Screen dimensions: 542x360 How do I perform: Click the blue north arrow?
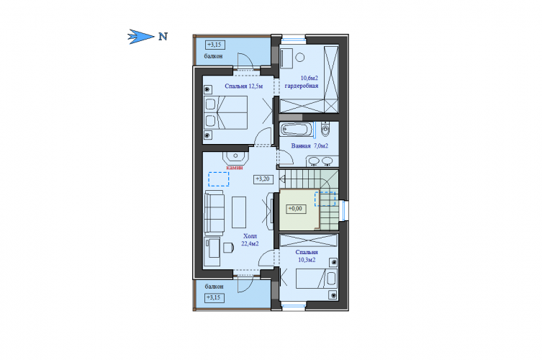tap(141, 36)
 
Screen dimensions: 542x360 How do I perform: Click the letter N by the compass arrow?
tap(163, 36)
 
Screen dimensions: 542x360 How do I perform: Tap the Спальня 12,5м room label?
tap(244, 86)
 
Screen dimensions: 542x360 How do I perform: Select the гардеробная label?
tap(302, 86)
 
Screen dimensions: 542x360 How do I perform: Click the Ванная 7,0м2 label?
tap(310, 146)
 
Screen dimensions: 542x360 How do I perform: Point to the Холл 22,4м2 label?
tap(250, 240)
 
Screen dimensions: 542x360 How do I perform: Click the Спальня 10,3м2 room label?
tap(307, 256)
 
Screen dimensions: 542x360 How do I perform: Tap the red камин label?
tap(235, 167)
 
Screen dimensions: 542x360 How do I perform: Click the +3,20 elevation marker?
tap(263, 179)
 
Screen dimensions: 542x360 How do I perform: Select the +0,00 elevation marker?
tap(296, 209)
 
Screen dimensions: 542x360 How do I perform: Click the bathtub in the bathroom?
tap(297, 130)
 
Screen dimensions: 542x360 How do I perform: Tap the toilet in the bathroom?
tap(325, 129)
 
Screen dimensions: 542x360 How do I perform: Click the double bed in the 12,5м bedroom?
tap(226, 113)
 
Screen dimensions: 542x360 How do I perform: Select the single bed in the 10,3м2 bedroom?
tap(316, 279)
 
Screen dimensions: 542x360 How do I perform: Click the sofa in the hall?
tap(214, 212)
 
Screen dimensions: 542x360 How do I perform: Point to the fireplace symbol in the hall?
tap(236, 158)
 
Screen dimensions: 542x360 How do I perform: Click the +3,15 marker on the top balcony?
tap(215, 45)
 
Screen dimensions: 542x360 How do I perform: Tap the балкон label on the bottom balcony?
tap(214, 287)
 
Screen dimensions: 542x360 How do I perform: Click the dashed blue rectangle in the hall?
tap(219, 179)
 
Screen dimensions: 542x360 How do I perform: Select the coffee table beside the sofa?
tap(239, 212)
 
